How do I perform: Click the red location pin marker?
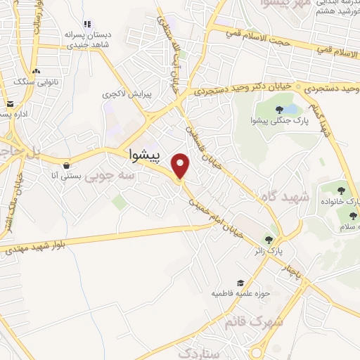[x=181, y=165]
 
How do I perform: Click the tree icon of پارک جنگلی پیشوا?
[x=280, y=109]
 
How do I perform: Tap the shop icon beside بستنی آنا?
[x=65, y=166]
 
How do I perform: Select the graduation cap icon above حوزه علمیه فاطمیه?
[x=239, y=283]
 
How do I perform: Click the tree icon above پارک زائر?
[x=267, y=239]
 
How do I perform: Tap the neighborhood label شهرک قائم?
[x=254, y=322]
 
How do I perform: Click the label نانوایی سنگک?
[x=34, y=82]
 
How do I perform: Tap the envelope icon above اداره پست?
[x=11, y=103]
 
